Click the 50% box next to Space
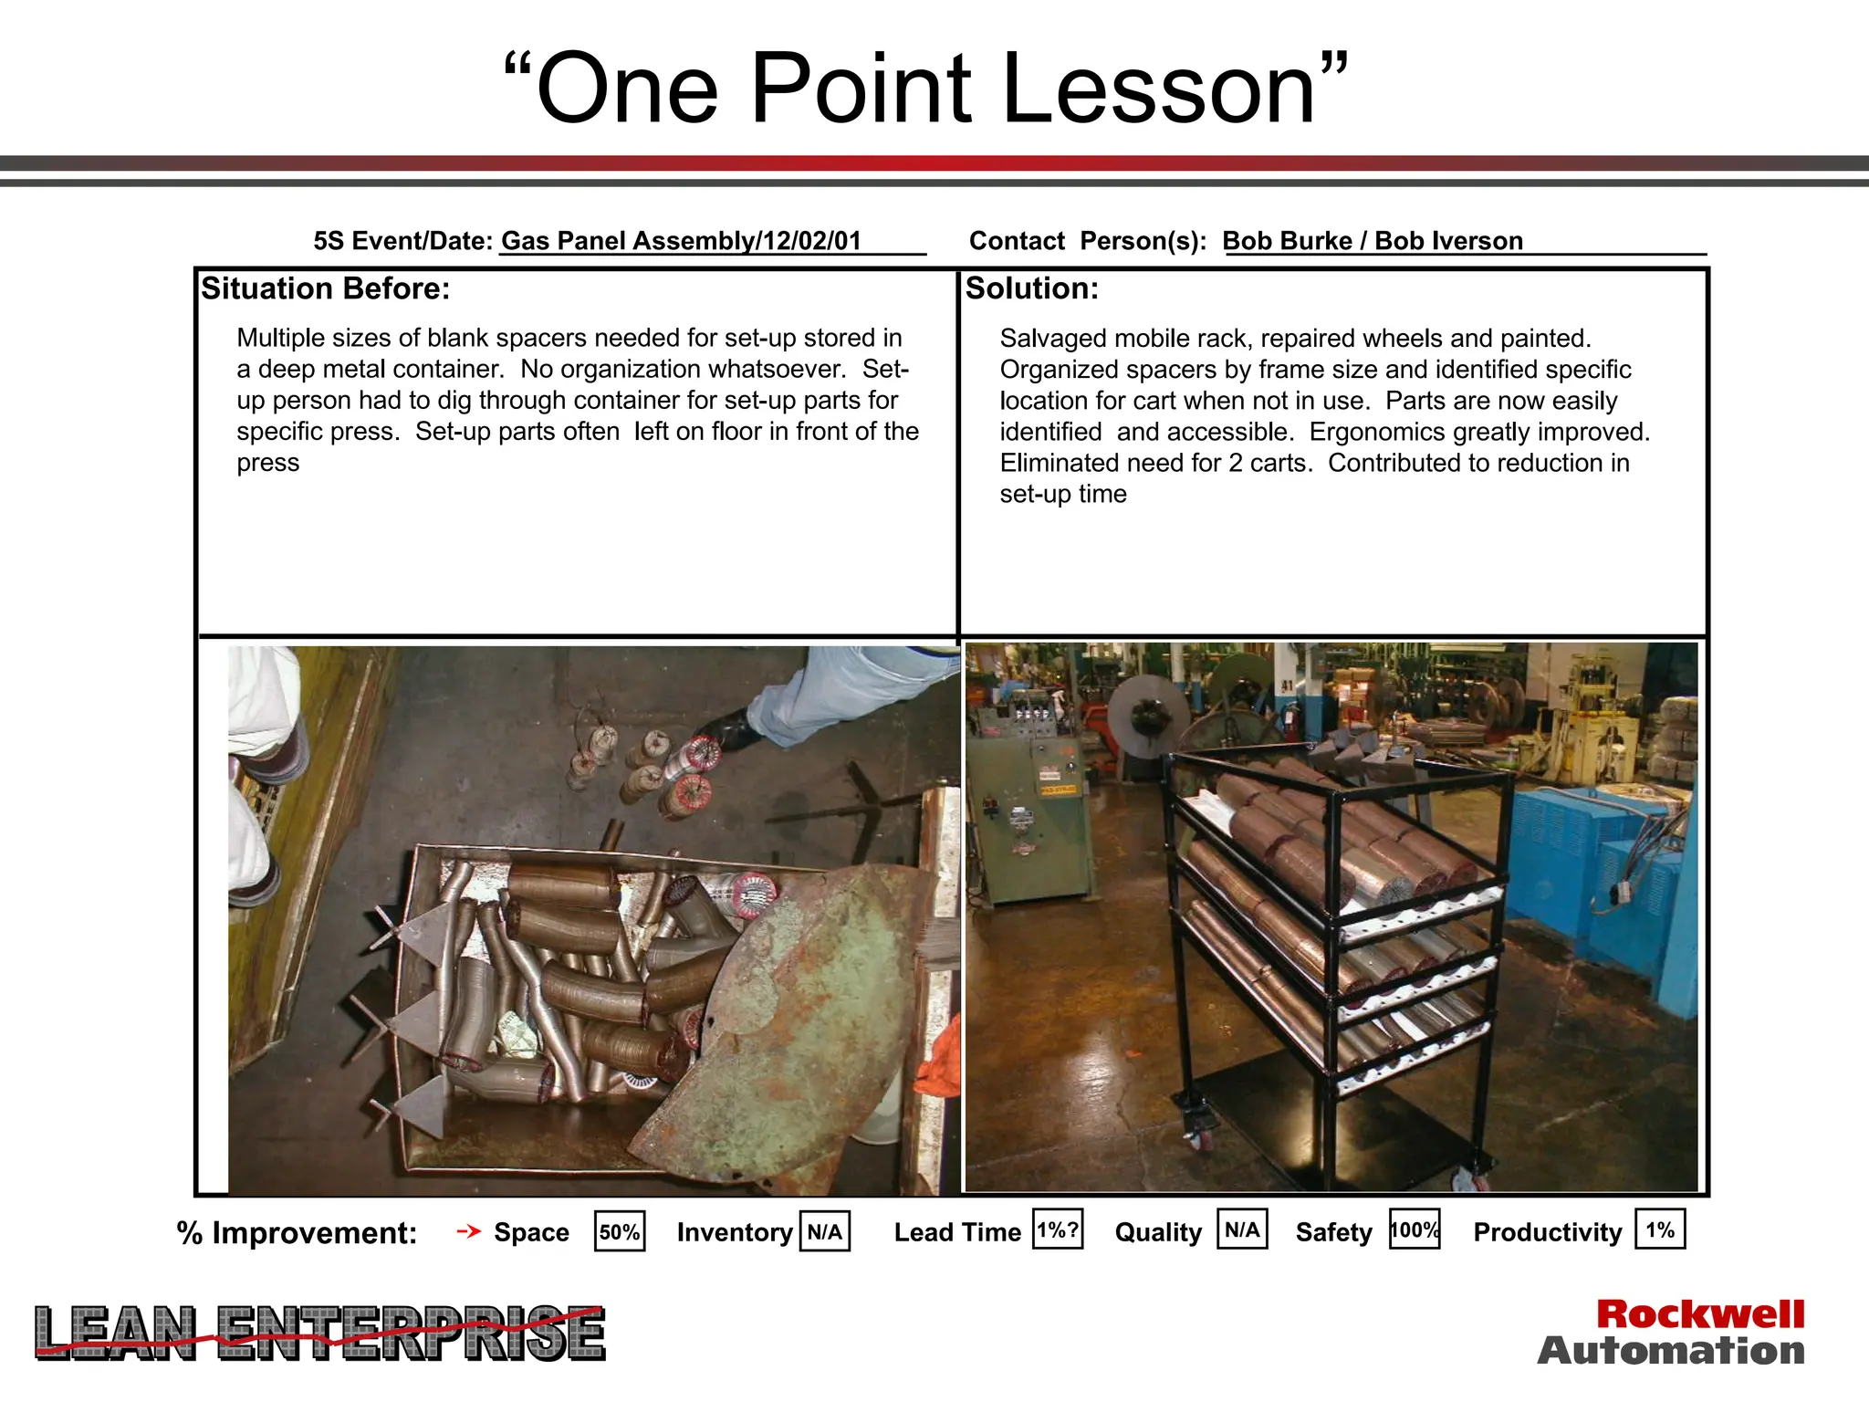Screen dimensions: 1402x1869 pos(620,1231)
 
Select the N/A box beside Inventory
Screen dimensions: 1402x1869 pos(825,1231)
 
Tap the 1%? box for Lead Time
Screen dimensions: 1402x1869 pos(1058,1229)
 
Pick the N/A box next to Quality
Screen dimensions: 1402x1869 pos(1242,1229)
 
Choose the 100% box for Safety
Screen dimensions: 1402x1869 pos(1414,1229)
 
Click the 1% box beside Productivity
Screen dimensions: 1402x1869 pos(1660,1229)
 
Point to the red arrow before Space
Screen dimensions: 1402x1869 pos(468,1231)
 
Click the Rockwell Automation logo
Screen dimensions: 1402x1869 pos(1671,1333)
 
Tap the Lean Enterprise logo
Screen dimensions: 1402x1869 pos(319,1334)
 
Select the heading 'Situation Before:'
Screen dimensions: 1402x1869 pos(326,288)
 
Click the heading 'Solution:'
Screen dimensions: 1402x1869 pos(1032,288)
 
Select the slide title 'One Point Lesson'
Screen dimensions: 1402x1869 pos(925,89)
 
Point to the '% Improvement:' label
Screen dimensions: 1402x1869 pos(297,1233)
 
